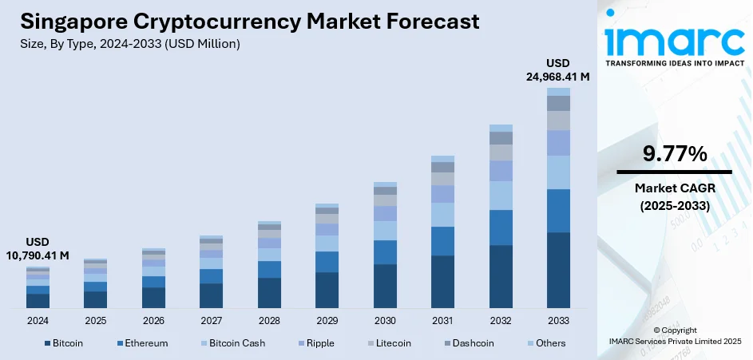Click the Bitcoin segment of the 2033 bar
[x=558, y=270]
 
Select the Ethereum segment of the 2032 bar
[x=501, y=227]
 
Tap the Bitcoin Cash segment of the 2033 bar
[x=558, y=172]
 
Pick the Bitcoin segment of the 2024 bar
[x=38, y=301]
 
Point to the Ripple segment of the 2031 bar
[x=442, y=194]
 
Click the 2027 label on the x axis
[x=211, y=320]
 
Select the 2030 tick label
[x=384, y=320]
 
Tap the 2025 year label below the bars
[x=95, y=320]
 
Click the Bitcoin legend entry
[x=62, y=343]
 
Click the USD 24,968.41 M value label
[x=557, y=69]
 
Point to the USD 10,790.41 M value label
[x=38, y=248]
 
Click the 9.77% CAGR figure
[x=674, y=154]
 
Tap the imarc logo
[x=673, y=40]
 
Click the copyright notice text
[x=674, y=335]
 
